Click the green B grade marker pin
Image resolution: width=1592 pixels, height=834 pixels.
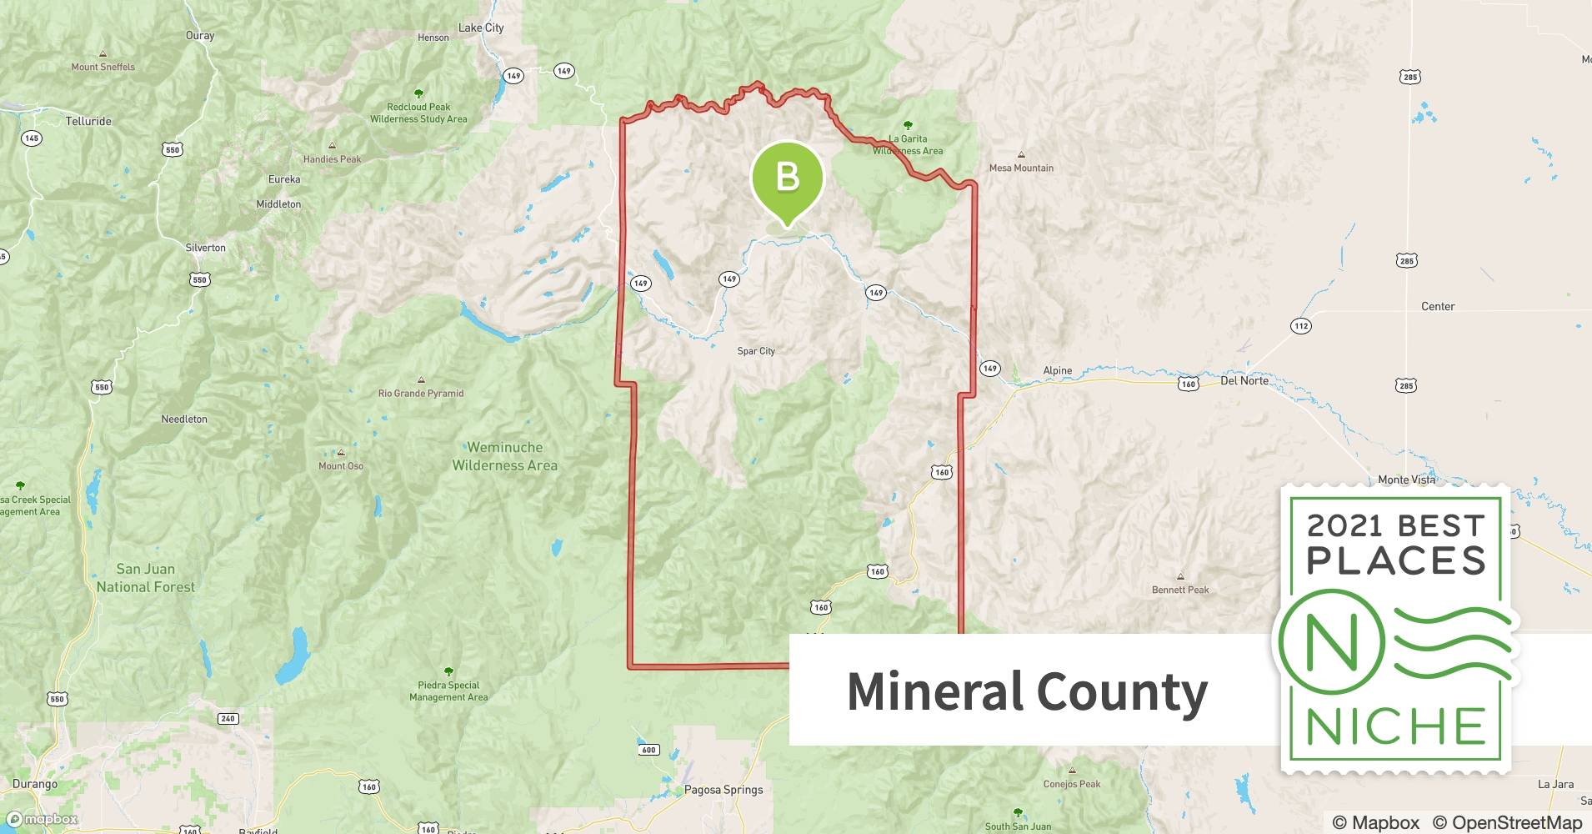point(787,178)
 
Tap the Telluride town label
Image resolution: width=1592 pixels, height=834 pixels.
point(88,121)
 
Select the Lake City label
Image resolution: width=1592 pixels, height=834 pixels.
point(481,28)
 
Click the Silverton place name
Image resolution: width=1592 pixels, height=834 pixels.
point(205,248)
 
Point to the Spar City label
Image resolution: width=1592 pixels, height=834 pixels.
point(756,351)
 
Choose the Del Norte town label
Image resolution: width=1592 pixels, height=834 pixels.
point(1244,380)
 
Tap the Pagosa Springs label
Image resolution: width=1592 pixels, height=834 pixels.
point(723,790)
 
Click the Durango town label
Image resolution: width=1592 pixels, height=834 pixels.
point(35,784)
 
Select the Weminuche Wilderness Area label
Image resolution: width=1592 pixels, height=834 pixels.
point(504,456)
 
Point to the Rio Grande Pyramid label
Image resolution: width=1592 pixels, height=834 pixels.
point(421,393)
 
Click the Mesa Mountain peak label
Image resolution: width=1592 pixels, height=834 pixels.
point(1021,168)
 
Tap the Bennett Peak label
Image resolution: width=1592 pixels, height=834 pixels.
point(1180,590)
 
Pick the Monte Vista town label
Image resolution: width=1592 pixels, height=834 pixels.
point(1406,480)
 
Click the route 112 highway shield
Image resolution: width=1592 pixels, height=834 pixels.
point(1301,326)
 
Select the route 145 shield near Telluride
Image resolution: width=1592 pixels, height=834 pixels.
point(32,138)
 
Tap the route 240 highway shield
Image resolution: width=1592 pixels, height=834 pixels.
point(228,718)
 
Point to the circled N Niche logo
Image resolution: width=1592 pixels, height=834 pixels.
point(1331,642)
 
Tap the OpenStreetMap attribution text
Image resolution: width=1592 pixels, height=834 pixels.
point(1507,822)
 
